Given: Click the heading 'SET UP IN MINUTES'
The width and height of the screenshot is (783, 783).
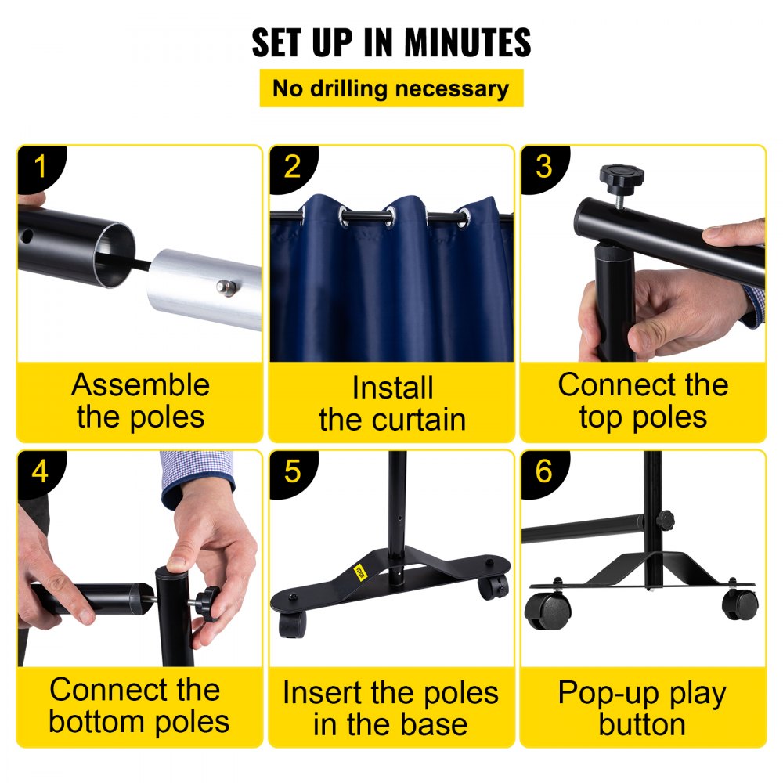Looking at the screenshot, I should point(391,43).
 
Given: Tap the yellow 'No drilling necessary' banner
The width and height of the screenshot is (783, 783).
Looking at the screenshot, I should point(391,88).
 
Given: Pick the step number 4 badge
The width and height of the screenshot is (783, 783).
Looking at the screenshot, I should point(39,472).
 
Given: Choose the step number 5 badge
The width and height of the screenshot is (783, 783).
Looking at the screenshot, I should point(291,472).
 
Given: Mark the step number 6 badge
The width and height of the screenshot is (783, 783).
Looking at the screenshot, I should point(543,472).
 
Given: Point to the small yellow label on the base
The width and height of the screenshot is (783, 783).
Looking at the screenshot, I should point(361,570).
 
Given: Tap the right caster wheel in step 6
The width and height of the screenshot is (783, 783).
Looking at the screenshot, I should point(739,604).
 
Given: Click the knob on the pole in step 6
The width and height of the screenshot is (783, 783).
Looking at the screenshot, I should point(666,519).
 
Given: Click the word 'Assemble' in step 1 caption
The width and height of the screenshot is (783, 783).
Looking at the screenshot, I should point(140,385).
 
